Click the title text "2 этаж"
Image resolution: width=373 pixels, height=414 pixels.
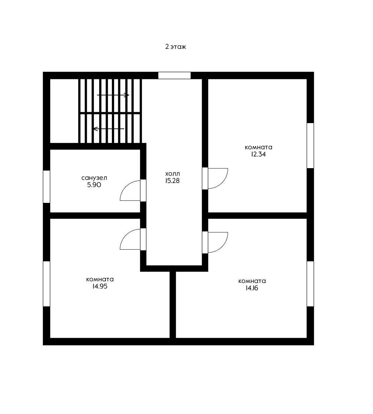coord(176,47)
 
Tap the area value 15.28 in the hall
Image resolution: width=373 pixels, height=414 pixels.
coord(172,181)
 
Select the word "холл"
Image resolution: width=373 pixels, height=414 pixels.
coord(172,174)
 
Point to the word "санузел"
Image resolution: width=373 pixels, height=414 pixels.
coord(94,178)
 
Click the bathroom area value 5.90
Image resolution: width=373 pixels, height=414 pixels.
coord(94,185)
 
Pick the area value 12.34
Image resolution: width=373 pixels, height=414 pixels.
coord(258,154)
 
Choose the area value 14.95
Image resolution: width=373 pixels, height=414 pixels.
coord(100,286)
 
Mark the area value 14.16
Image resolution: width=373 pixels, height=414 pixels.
coord(252,288)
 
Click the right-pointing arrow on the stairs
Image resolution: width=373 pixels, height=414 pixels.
coord(113,95)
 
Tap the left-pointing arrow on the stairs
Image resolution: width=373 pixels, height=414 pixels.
coord(109,129)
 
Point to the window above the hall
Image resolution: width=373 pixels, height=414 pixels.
coord(174,75)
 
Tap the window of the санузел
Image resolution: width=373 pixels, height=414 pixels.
coord(46,187)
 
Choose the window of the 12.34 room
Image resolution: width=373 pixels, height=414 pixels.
coord(310,145)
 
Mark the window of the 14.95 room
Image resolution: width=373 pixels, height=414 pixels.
coord(46,284)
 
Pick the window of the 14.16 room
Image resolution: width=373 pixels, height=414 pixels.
coord(310,284)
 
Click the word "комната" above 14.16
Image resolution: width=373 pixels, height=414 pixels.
coord(252,281)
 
